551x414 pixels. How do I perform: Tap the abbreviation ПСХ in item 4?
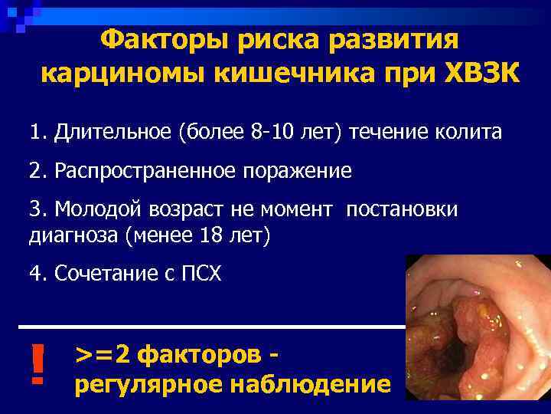[x=200, y=272]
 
